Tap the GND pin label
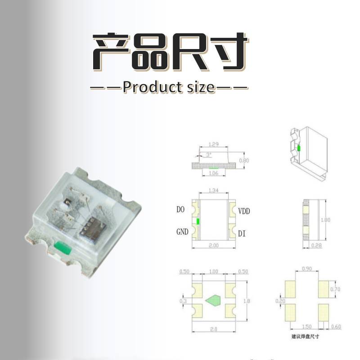(x=182, y=232)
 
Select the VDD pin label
(x=244, y=211)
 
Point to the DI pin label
(x=242, y=233)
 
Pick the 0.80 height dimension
(x=244, y=161)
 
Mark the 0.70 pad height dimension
(x=336, y=289)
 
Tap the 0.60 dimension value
(x=336, y=326)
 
